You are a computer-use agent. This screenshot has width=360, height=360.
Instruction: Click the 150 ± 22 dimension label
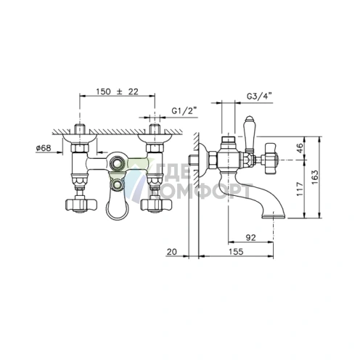[x=117, y=91]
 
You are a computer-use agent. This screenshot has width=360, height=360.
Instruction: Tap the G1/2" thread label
[x=184, y=111]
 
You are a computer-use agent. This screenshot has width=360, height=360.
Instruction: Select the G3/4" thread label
[x=259, y=97]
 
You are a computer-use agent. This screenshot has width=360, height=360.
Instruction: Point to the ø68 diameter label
[x=44, y=148]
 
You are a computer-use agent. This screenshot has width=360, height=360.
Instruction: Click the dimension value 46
[x=300, y=148]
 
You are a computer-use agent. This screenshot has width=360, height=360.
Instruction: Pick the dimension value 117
[x=300, y=189]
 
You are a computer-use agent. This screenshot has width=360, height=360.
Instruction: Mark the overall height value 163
[x=314, y=177]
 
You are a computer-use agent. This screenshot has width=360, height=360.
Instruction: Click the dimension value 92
[x=250, y=237]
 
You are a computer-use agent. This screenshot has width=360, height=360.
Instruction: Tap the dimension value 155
[x=236, y=252]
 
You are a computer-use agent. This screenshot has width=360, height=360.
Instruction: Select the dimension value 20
[x=172, y=252]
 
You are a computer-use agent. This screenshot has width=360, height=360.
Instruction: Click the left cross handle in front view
[x=81, y=205]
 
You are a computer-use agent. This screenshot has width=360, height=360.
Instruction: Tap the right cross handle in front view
[x=156, y=205]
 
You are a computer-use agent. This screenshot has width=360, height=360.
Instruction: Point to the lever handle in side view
[x=250, y=134]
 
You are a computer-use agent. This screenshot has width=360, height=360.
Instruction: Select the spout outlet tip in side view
[x=274, y=216]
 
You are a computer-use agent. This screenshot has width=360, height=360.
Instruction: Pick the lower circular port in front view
[x=118, y=184]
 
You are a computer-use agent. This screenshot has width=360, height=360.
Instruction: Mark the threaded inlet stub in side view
[x=192, y=159]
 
